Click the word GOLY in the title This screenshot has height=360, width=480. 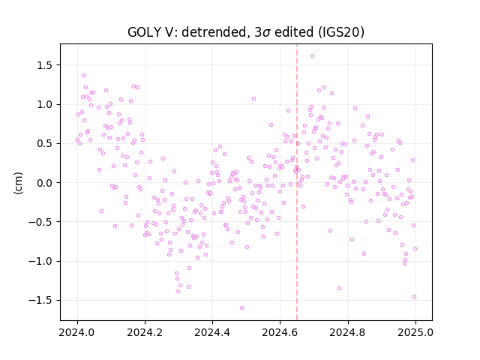point(142,32)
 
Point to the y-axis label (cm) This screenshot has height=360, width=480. point(18,183)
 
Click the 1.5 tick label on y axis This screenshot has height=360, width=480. point(45,65)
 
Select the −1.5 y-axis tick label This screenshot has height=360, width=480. point(41,300)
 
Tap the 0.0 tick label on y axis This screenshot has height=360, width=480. point(45,183)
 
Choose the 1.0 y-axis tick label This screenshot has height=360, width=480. point(45,104)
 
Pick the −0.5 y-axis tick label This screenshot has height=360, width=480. point(41,222)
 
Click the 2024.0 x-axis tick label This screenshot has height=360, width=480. point(77,332)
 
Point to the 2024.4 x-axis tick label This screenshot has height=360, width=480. point(212,332)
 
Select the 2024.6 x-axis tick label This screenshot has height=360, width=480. point(280,332)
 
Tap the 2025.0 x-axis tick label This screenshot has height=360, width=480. point(415,332)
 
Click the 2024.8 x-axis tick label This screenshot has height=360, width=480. point(348,332)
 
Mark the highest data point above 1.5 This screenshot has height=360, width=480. point(312,55)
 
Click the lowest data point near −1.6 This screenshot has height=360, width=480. point(241,307)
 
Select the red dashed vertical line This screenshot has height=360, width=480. point(297,182)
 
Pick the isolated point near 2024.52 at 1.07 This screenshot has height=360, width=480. point(253,98)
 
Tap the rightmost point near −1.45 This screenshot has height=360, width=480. point(415,296)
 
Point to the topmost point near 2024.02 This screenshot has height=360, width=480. point(83,75)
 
